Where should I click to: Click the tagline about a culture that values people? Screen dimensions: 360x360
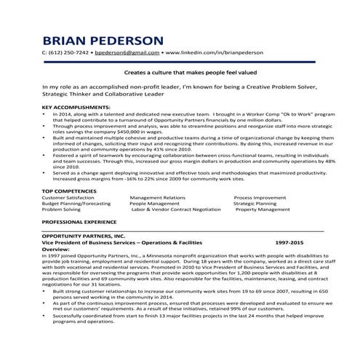click(179, 73)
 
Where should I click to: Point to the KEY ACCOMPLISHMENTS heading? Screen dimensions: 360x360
click(76, 108)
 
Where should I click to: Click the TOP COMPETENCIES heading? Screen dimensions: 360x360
click(71, 190)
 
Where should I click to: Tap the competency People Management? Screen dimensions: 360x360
click(153, 204)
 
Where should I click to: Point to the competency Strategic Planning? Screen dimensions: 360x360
click(256, 204)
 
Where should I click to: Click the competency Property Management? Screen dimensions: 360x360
click(263, 211)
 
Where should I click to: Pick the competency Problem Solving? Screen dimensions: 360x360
click(63, 211)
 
